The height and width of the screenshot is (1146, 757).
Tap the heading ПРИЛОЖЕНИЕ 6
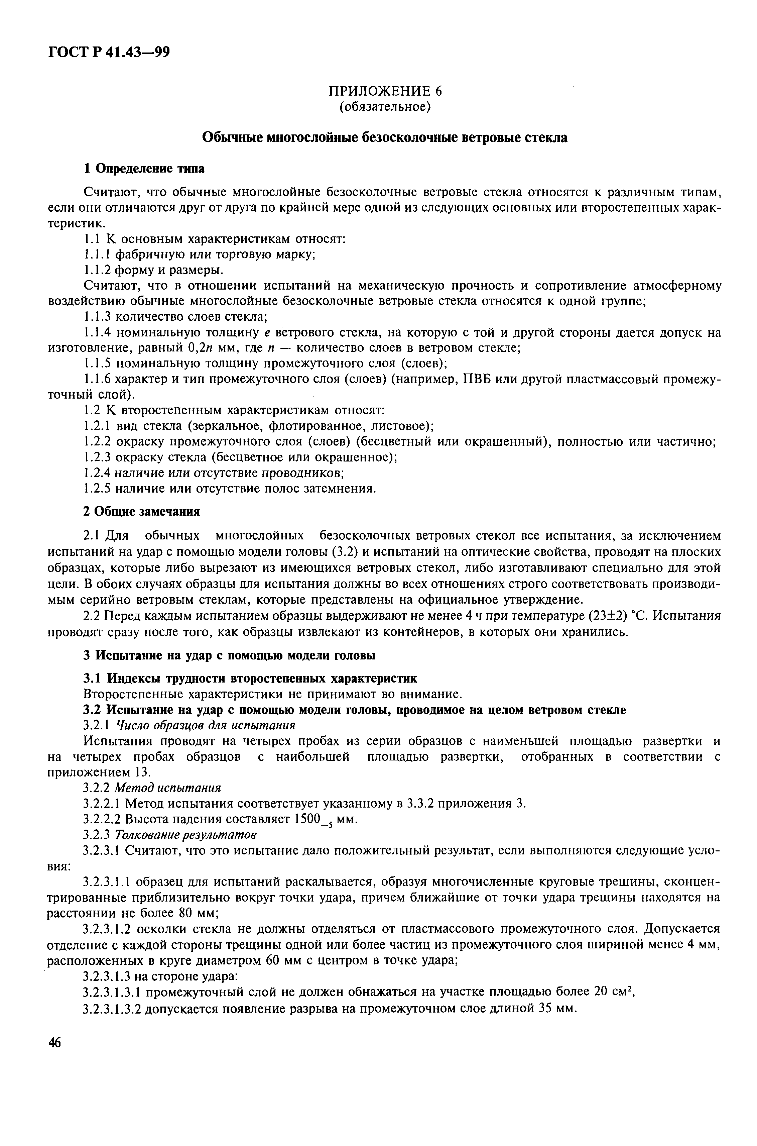384,91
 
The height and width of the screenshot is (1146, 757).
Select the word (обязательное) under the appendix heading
384,106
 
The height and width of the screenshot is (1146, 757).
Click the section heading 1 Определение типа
144,169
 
